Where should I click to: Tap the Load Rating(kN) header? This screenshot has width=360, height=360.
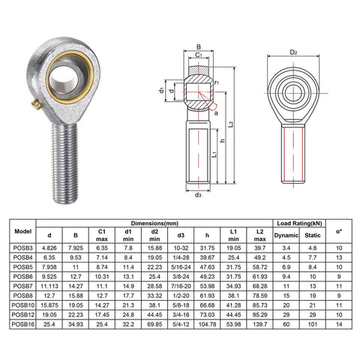(x=300, y=223)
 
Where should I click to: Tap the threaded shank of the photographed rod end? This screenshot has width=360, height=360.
(x=66, y=161)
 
